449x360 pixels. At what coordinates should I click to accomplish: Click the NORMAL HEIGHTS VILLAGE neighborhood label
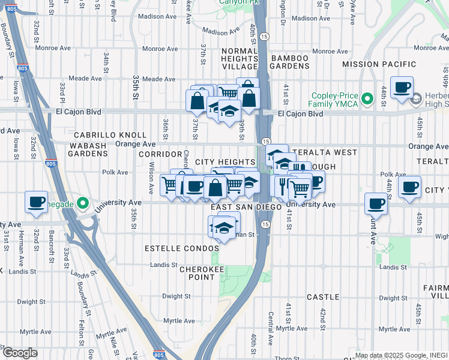pos(240,58)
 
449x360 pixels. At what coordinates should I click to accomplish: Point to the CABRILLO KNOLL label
pos(110,136)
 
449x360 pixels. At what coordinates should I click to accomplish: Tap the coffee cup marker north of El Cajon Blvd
pos(402,88)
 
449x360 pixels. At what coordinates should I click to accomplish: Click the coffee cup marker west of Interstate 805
pos(37,202)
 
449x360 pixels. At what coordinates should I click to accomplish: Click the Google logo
pos(20,353)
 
